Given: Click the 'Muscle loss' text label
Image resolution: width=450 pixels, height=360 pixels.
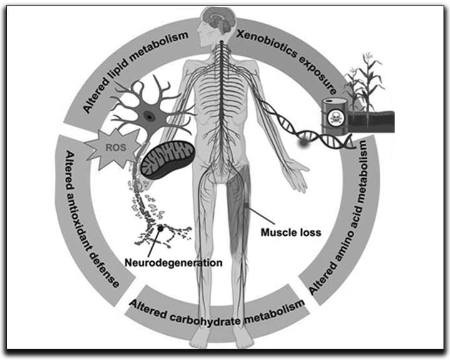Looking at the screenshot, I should click(x=290, y=232).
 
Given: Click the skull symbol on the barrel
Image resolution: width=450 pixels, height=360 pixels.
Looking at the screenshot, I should click(x=335, y=118).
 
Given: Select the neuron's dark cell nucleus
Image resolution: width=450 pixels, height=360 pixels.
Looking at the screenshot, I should click(x=149, y=115).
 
